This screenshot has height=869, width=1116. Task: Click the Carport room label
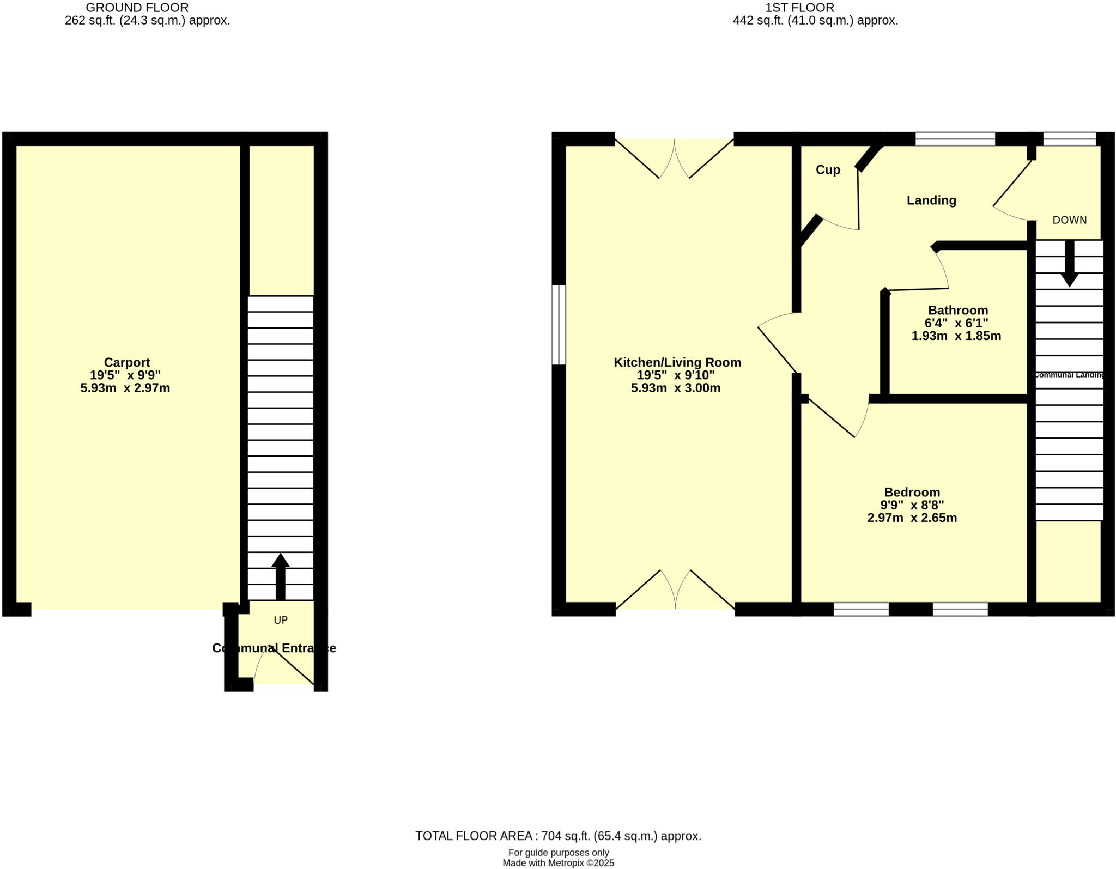126,362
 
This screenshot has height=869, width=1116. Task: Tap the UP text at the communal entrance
281,620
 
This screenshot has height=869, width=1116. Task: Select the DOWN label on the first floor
1069,220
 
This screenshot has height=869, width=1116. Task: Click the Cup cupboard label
828,170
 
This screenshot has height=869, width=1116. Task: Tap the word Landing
931,200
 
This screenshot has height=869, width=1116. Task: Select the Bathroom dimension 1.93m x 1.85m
956,336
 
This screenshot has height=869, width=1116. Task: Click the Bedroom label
912,493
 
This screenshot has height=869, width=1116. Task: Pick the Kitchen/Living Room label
677,362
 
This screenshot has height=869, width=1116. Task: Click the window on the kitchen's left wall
559,325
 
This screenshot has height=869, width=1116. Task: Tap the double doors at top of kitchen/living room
675,159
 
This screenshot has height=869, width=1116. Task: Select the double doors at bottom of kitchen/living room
676,591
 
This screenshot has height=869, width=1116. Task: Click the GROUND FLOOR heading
137,8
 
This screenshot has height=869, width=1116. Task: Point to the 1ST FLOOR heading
799,8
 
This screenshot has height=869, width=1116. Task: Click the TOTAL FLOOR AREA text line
558,836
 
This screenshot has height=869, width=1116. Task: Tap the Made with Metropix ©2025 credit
558,863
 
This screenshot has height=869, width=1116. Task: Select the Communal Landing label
1069,375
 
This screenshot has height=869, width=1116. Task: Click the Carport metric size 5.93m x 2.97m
125,388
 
